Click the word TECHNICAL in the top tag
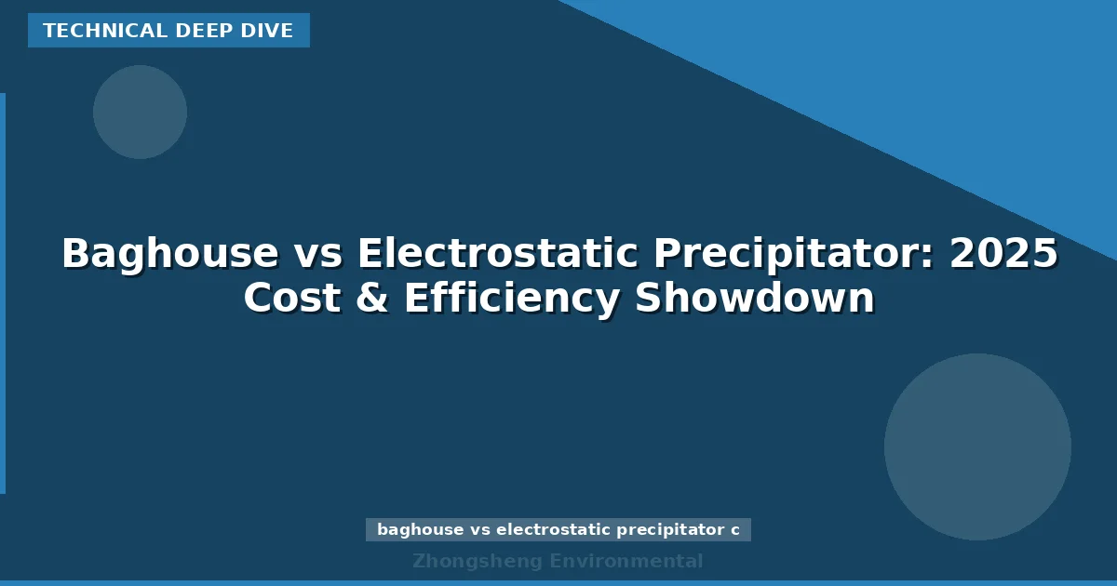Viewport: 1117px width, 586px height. pos(89,31)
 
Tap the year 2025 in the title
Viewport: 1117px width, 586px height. pos(1003,253)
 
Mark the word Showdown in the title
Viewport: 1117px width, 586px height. pos(755,299)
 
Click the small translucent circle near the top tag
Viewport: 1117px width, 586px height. pos(140,112)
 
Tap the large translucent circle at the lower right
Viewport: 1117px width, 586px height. pos(977,446)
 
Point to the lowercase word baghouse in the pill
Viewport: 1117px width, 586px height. pos(420,530)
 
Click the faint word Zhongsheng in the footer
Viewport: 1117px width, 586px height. pos(477,561)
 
